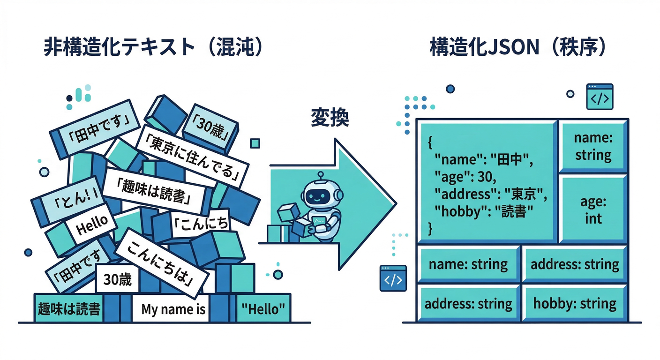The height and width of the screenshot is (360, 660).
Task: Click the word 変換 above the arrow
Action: pyautogui.click(x=330, y=118)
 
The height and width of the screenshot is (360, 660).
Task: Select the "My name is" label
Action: pyautogui.click(x=173, y=309)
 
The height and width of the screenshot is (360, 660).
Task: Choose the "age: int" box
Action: pyautogui.click(x=593, y=210)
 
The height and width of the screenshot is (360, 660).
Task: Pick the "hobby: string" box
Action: pyautogui.click(x=575, y=303)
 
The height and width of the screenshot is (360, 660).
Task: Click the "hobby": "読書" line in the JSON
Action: pyautogui.click(x=485, y=211)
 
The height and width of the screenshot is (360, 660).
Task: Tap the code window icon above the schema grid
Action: pyautogui.click(x=600, y=97)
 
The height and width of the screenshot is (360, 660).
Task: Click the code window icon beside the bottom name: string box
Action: pyautogui.click(x=393, y=278)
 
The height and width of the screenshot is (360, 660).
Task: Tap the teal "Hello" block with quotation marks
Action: pyautogui.click(x=262, y=309)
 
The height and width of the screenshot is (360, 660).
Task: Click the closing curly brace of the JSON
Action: pyautogui.click(x=431, y=228)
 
